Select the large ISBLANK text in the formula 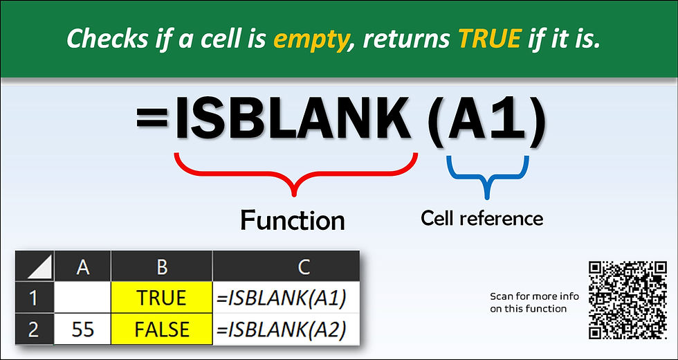pyautogui.click(x=294, y=121)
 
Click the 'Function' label pyautogui.click(x=292, y=220)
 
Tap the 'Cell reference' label pyautogui.click(x=482, y=218)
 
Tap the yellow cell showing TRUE pyautogui.click(x=161, y=298)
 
